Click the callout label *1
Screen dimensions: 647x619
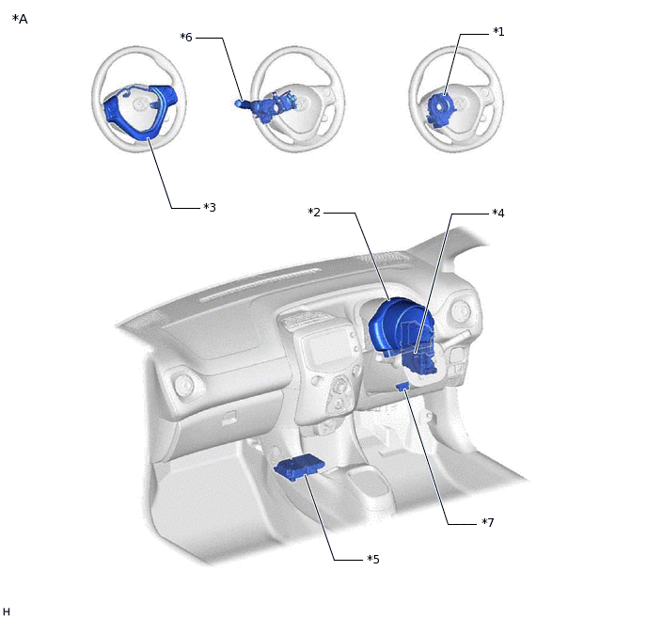(x=498, y=32)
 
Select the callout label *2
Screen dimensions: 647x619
(x=314, y=212)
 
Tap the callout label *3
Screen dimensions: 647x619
(x=210, y=207)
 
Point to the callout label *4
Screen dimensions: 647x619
(x=498, y=213)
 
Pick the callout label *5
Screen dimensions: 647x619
(x=373, y=559)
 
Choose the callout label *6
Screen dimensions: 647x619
(x=186, y=37)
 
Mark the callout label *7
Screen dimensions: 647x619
(x=488, y=522)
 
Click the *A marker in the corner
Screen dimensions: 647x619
(x=20, y=19)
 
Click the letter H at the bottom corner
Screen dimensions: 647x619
(x=7, y=611)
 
